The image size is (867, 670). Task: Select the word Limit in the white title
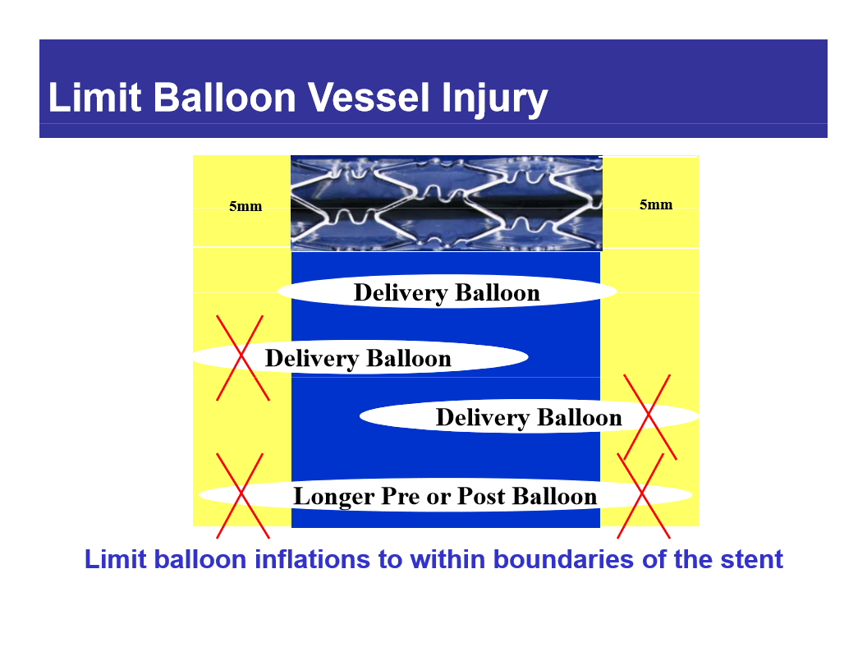[x=95, y=98]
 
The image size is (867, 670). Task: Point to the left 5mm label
[x=245, y=206]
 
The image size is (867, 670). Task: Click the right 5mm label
[x=656, y=204]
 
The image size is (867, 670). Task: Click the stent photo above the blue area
[x=447, y=202]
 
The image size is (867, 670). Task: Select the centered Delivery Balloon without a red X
[x=447, y=293]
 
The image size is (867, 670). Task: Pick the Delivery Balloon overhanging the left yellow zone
[x=358, y=359]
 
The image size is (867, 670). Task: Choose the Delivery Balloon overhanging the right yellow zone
[x=529, y=417]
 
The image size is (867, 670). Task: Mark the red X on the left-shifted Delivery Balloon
[x=241, y=358]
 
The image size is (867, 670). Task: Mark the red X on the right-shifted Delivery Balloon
[x=649, y=417]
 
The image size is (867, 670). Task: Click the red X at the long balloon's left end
[x=240, y=495]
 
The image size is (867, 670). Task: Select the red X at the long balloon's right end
[x=643, y=495]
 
